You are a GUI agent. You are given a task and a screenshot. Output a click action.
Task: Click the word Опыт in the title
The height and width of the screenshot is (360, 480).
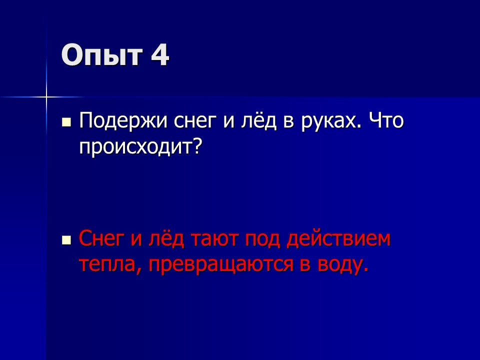pyautogui.click(x=101, y=55)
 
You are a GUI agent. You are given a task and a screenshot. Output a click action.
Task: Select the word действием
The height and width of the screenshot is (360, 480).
pyautogui.click(x=338, y=238)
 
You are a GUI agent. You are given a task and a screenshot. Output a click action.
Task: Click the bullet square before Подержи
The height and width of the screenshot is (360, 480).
pyautogui.click(x=66, y=122)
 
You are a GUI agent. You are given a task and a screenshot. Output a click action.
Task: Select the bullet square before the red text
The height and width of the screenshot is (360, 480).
pyautogui.click(x=66, y=240)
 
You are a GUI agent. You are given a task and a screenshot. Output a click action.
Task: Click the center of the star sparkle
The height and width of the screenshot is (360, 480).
pyautogui.click(x=46, y=97)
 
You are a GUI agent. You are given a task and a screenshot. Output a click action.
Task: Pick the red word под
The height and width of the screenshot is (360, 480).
pyautogui.click(x=262, y=238)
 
